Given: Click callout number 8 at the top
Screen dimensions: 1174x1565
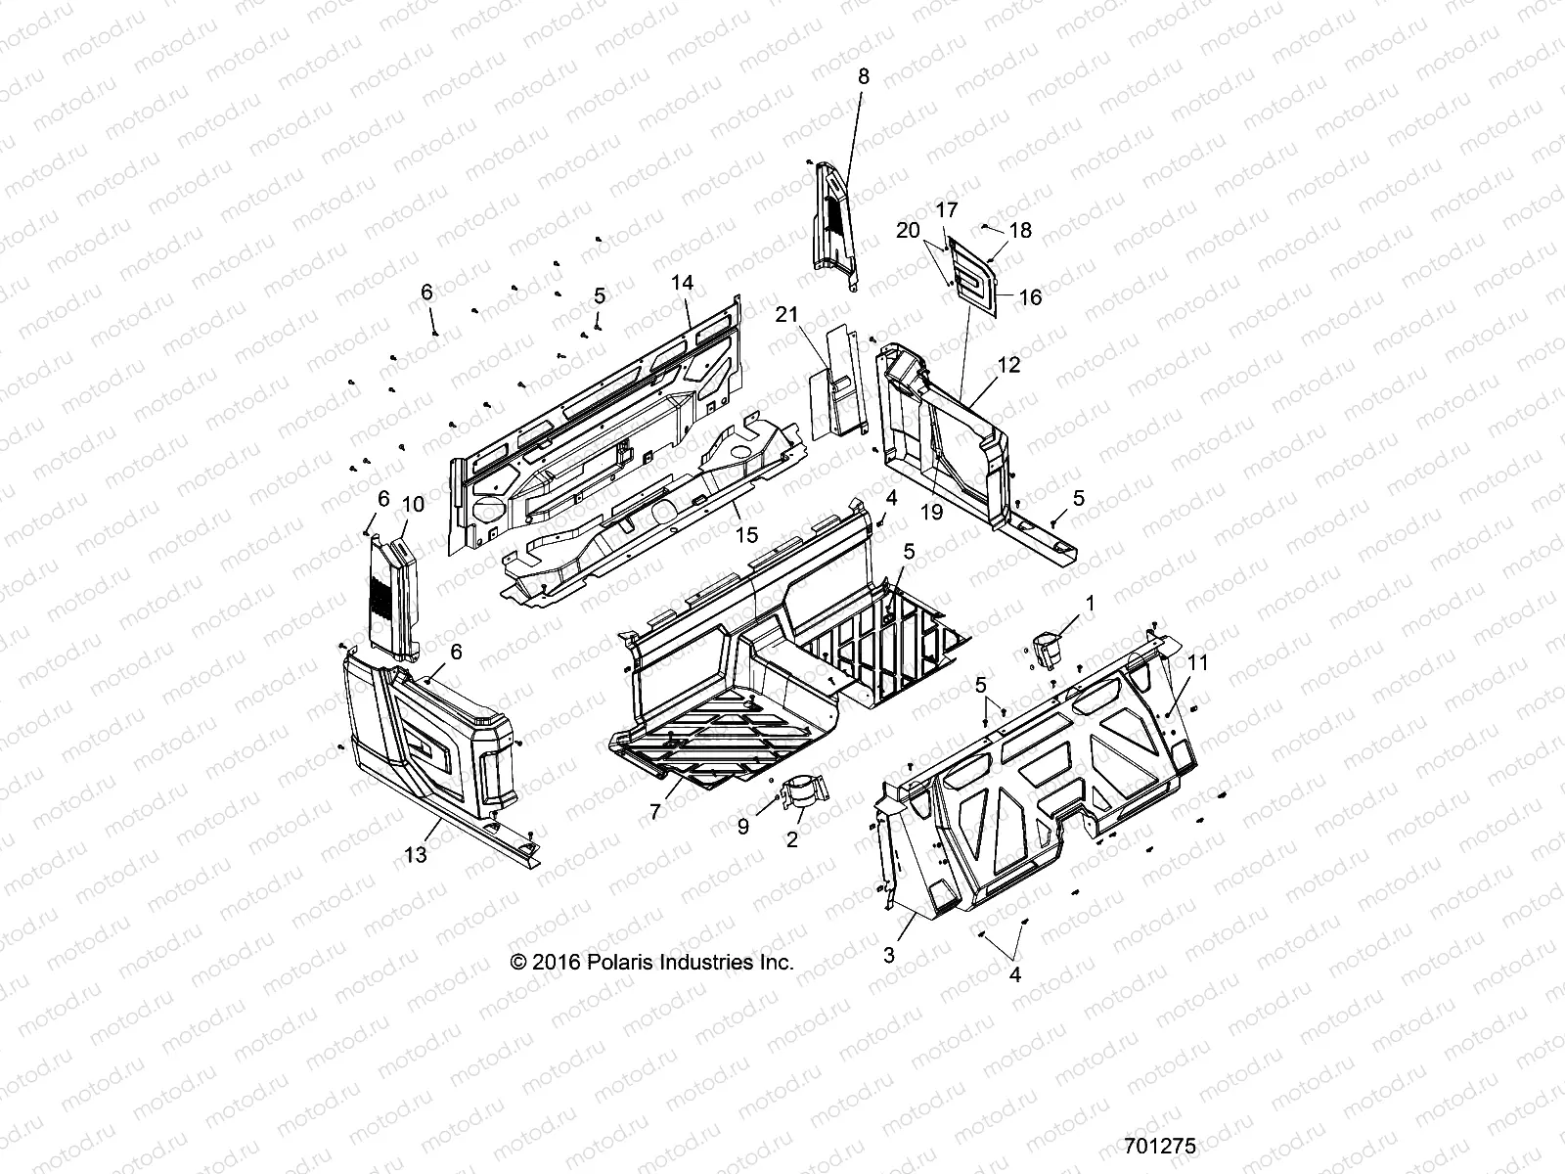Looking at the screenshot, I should pyautogui.click(x=863, y=75).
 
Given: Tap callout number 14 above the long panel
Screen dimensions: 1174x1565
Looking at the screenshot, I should pyautogui.click(x=682, y=283).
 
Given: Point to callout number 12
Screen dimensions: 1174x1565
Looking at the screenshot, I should pyautogui.click(x=1009, y=365).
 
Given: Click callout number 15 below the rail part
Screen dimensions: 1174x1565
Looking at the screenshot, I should pyautogui.click(x=746, y=535).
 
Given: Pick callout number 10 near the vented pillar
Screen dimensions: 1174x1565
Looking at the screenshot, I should pyautogui.click(x=413, y=504).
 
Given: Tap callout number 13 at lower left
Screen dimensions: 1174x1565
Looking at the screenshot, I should pyautogui.click(x=416, y=854).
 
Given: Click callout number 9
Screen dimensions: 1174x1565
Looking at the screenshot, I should pyautogui.click(x=743, y=827).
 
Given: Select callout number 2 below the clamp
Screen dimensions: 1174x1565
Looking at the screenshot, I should pyautogui.click(x=792, y=839).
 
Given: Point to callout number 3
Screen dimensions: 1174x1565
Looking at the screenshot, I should pyautogui.click(x=889, y=955).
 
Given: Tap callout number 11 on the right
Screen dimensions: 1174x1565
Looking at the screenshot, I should pyautogui.click(x=1198, y=662).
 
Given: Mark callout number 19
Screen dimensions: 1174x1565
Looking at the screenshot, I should pyautogui.click(x=932, y=512).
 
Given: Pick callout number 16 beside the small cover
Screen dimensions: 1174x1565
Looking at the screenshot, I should pyautogui.click(x=1030, y=297).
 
